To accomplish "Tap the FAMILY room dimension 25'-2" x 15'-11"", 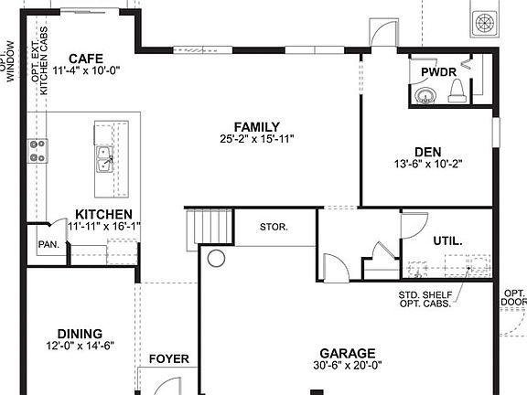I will [256, 140].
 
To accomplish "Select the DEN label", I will [426, 153].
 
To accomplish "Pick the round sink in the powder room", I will [422, 96].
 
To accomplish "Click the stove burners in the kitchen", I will [38, 151].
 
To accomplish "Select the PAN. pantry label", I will [48, 245].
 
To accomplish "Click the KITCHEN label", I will [103, 213].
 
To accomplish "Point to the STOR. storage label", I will [274, 226].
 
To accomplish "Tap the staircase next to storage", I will [208, 226].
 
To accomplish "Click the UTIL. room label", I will [447, 240].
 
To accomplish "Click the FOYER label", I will [168, 359].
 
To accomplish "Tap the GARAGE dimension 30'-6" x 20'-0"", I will [347, 366].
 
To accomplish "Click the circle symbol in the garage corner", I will [216, 259].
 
